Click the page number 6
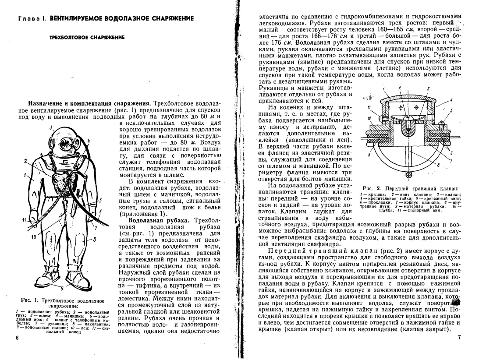pyautogui.click(x=17, y=338)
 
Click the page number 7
pyautogui.click(x=459, y=337)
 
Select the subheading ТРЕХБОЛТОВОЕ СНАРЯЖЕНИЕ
pyautogui.click(x=87, y=38)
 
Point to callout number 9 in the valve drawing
pyautogui.click(x=371, y=154)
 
